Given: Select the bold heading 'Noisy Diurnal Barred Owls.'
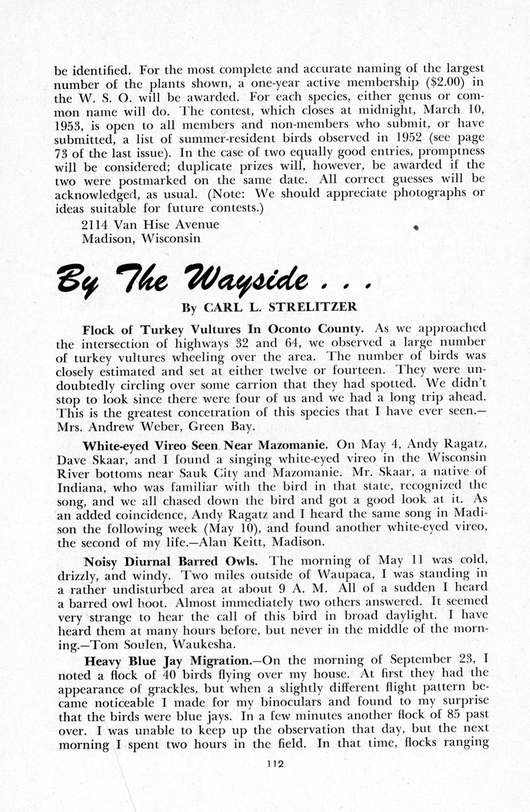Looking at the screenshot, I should (170, 561).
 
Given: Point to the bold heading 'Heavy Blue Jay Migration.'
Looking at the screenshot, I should (168, 660).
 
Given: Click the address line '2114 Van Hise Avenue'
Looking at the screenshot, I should (150, 225).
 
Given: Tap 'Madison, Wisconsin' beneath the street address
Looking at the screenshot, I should (141, 238).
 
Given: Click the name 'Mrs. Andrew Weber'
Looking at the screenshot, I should (108, 426).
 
